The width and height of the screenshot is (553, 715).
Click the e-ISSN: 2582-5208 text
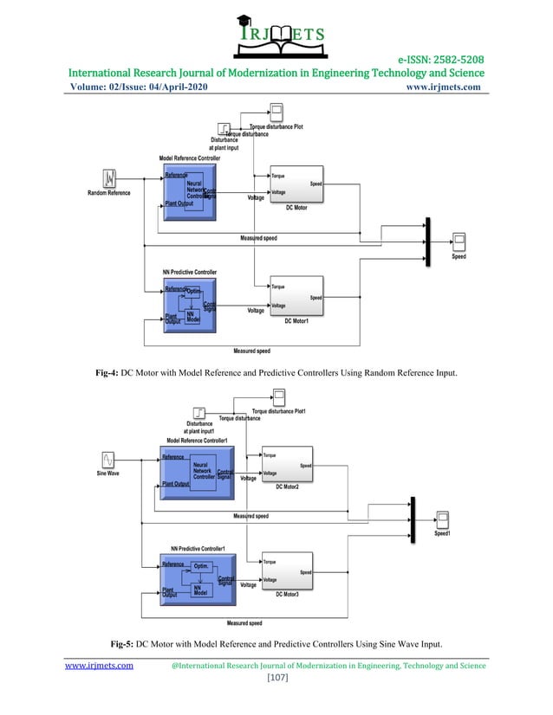(440, 59)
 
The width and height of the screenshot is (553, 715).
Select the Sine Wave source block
(109, 460)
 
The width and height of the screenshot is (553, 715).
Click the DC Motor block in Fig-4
(296, 186)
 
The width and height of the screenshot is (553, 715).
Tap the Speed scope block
(459, 242)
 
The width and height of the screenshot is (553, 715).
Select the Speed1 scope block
(442, 519)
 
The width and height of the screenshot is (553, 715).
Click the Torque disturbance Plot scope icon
(276, 111)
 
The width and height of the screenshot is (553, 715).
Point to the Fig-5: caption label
(122, 644)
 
